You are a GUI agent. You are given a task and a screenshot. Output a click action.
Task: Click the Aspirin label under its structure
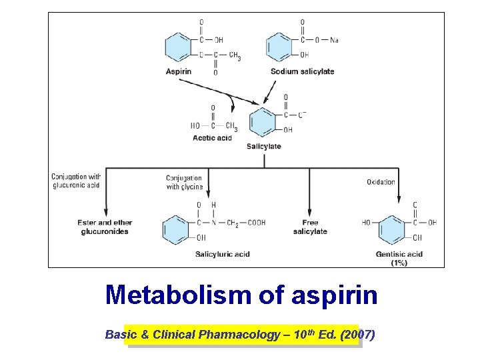[179, 72]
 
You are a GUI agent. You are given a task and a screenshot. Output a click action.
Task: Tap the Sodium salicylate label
[302, 72]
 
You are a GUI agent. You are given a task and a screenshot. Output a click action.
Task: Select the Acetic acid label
[212, 138]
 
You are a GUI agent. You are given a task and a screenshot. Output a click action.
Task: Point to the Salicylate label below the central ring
[263, 147]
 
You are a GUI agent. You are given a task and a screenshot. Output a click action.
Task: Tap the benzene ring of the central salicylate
[262, 122]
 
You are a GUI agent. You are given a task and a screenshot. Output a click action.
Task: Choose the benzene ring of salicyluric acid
[175, 229]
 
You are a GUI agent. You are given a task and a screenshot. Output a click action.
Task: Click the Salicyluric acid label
[222, 254]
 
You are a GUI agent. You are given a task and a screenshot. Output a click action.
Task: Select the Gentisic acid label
[399, 254]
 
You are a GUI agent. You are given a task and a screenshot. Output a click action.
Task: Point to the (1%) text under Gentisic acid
[399, 263]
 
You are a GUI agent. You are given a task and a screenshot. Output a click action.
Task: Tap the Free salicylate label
[310, 227]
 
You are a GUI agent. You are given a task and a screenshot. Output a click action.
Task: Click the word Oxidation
[381, 182]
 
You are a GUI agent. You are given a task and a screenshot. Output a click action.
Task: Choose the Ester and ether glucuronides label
[105, 227]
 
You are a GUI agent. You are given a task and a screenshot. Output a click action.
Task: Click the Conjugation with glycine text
[184, 183]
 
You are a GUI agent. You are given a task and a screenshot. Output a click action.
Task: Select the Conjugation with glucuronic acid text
[75, 181]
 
